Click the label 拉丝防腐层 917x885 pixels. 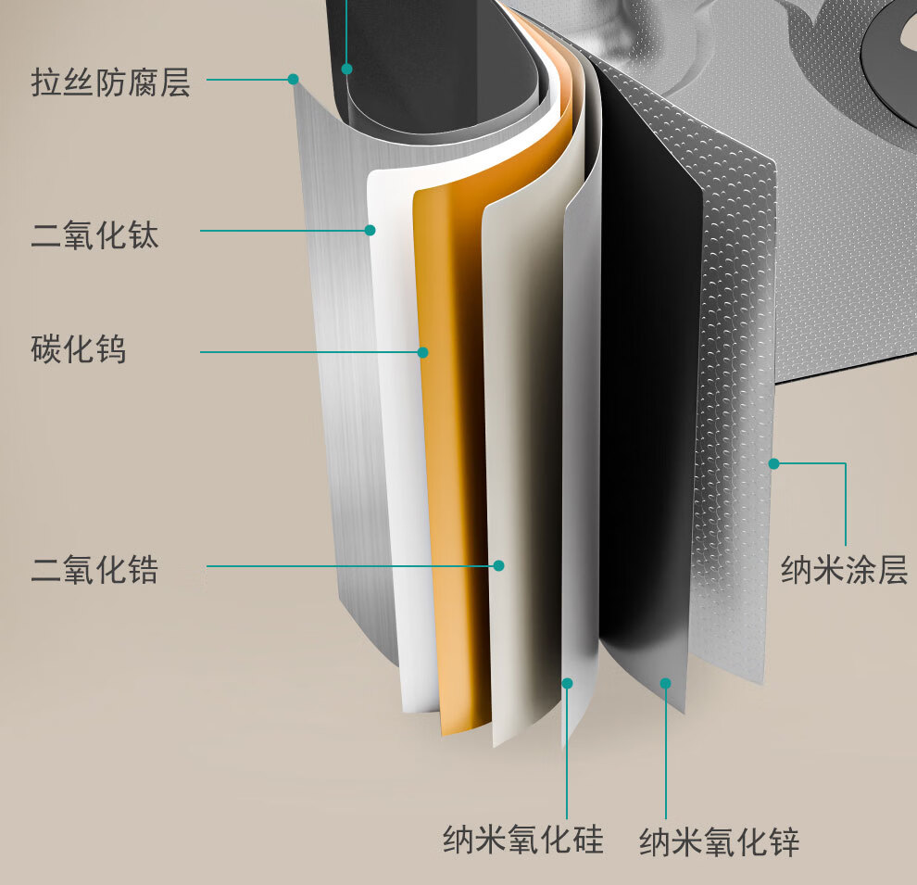(110, 82)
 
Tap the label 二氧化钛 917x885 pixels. (94, 234)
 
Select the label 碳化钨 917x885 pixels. (78, 350)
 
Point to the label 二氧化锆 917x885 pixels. (94, 567)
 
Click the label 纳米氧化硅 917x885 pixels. (522, 840)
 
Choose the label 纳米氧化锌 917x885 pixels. (719, 842)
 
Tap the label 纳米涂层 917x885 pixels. (844, 568)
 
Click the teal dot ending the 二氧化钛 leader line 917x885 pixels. (370, 230)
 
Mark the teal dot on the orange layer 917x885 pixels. (423, 352)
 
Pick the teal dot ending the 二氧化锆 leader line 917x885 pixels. (498, 565)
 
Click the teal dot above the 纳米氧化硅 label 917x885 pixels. (568, 683)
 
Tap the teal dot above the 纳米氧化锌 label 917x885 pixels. (665, 683)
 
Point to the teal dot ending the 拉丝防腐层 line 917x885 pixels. (294, 80)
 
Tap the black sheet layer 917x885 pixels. (648, 371)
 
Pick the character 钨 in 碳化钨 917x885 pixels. (110, 350)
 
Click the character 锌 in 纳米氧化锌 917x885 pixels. (784, 842)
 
